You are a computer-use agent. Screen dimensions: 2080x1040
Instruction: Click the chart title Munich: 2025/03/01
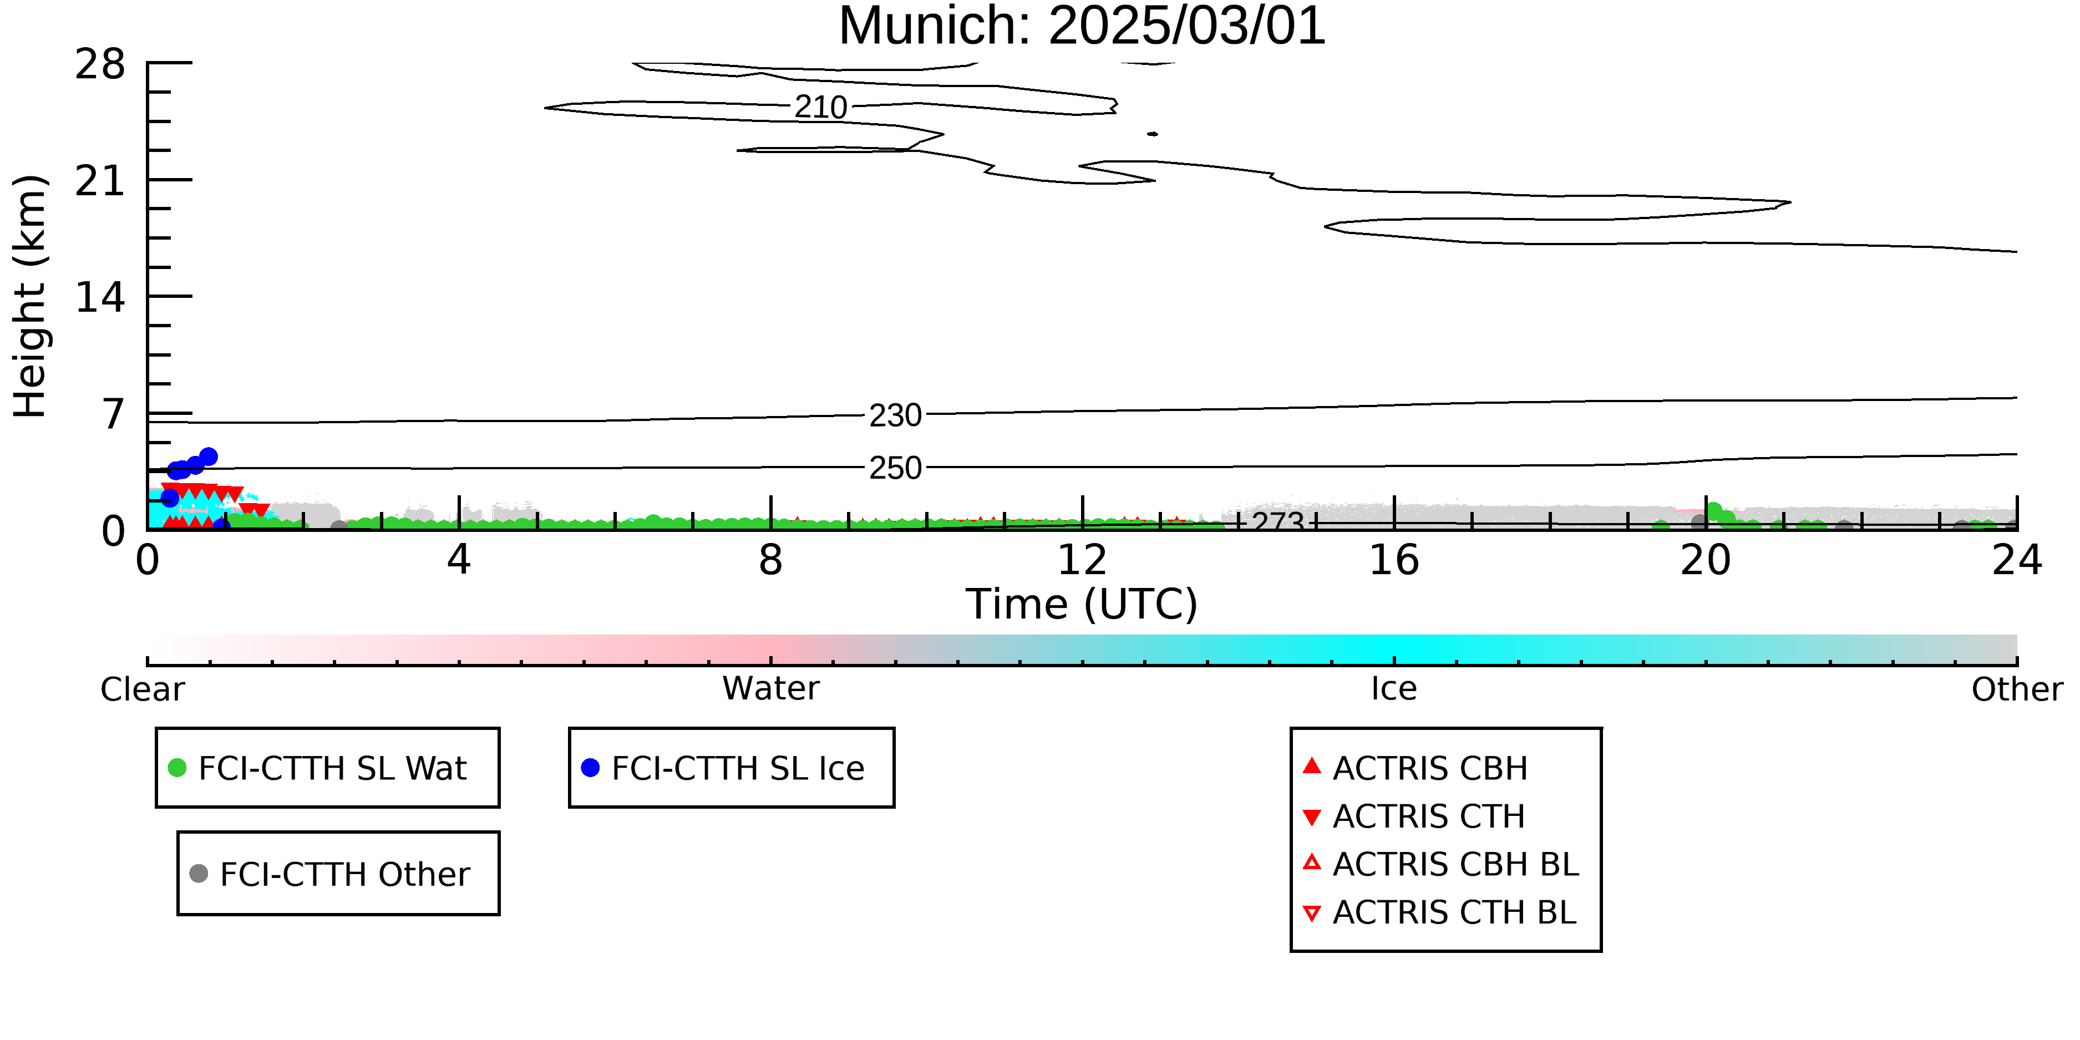(x=1082, y=26)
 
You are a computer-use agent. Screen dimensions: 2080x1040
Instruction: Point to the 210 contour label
(x=820, y=106)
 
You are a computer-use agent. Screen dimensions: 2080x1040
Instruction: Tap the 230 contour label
(x=895, y=415)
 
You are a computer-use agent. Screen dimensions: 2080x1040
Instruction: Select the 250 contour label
(x=895, y=468)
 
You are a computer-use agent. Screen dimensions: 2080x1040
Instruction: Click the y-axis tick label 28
(x=100, y=64)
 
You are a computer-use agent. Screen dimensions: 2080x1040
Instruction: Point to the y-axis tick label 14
(x=100, y=297)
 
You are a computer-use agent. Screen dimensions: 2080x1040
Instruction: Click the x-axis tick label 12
(x=1082, y=560)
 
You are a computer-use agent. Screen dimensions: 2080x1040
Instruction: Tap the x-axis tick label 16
(x=1394, y=560)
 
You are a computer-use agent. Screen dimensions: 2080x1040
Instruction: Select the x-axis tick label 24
(x=2017, y=560)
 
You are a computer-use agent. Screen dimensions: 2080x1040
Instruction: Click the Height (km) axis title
(x=30, y=296)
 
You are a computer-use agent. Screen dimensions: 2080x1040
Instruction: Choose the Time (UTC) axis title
(x=1082, y=605)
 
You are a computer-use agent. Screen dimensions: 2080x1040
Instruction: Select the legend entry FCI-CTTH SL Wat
(x=317, y=768)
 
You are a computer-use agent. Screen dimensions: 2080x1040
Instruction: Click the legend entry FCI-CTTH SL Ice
(x=723, y=768)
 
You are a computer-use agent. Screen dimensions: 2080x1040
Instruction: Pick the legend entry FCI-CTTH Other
(x=329, y=874)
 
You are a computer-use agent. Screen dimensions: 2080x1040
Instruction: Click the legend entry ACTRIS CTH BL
(x=1440, y=912)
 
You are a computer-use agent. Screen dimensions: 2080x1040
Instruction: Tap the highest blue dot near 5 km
(x=209, y=456)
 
